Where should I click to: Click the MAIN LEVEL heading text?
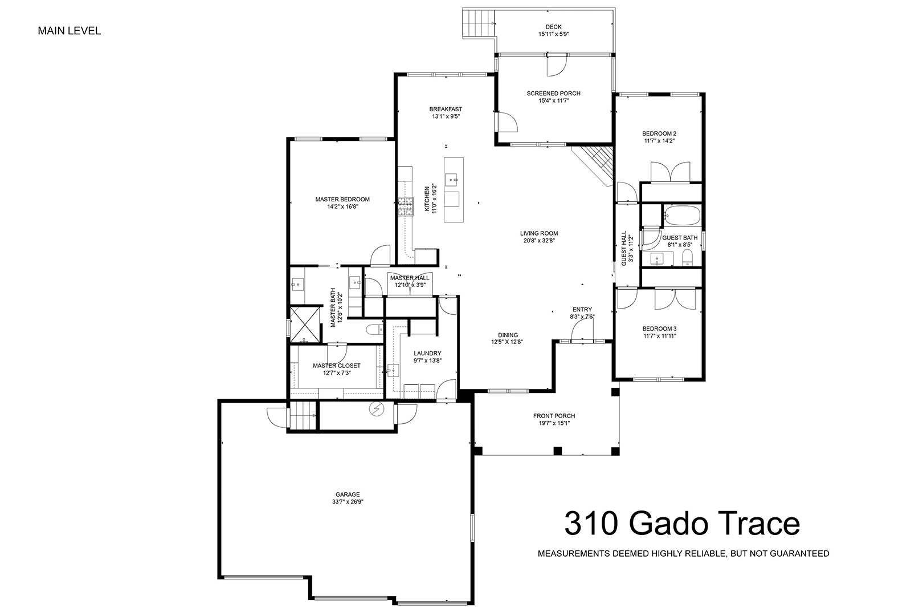point(70,31)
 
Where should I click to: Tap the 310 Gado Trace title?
point(682,523)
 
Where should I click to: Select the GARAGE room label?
point(348,495)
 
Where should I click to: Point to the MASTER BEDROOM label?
point(342,199)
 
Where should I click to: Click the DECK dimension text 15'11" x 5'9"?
point(553,34)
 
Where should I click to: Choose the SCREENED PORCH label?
point(553,94)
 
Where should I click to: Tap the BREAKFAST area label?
point(446,110)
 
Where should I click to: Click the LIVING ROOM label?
point(539,233)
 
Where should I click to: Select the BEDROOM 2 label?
point(659,133)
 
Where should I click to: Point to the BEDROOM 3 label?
point(659,329)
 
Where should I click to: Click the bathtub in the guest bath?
point(682,214)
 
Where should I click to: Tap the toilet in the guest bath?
point(687,258)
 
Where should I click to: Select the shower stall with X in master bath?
point(305,324)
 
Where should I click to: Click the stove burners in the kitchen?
point(406,206)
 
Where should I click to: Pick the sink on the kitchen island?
point(452,180)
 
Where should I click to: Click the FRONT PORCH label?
point(554,416)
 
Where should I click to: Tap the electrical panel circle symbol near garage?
point(377,409)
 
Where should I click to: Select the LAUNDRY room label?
point(427,354)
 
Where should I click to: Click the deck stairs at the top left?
point(479,23)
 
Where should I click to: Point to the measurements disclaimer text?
point(683,554)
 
